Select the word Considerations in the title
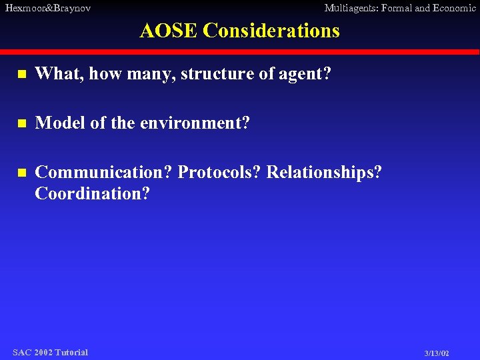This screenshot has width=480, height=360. (271, 31)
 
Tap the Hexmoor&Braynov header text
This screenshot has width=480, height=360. (47, 8)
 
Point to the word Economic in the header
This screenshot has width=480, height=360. (453, 8)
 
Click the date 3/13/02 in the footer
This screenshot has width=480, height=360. (437, 353)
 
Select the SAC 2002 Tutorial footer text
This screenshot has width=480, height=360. (50, 352)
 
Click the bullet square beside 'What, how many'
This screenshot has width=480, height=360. (21, 75)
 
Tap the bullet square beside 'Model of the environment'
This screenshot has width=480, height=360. (21, 124)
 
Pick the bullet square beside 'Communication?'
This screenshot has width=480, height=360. (21, 173)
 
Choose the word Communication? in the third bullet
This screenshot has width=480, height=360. (104, 172)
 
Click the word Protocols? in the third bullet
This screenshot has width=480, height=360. (220, 172)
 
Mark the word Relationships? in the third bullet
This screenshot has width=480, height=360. (324, 172)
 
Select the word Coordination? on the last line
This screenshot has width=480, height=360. (93, 194)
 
